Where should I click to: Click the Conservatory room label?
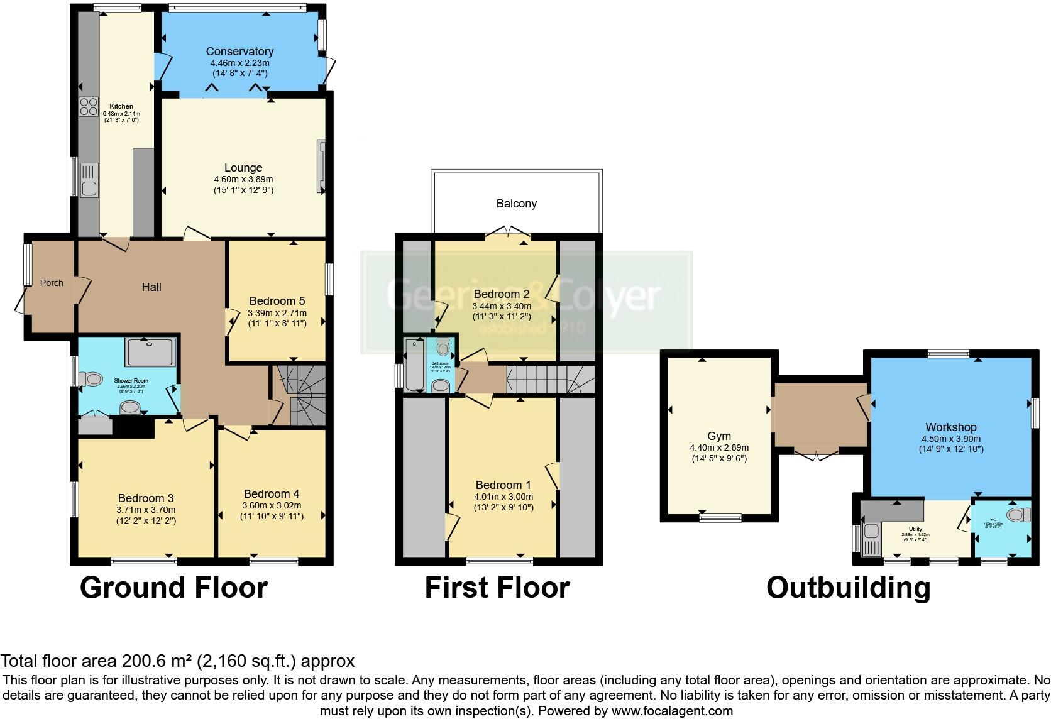pos(239,52)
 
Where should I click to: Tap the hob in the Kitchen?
pos(88,106)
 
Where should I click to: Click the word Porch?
pos(52,283)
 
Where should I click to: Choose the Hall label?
pos(151,287)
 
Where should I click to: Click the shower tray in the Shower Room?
pos(150,352)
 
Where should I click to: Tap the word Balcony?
pos(517,204)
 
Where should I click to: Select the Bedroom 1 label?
pos(503,485)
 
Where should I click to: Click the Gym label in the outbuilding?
pos(719,436)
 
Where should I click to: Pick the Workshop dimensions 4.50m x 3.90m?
pos(950,439)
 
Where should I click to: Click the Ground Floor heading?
pos(173,588)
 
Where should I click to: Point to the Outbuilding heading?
pos(848,588)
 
